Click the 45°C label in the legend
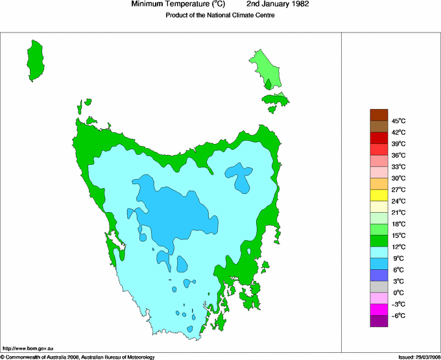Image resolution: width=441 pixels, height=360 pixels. [398, 121]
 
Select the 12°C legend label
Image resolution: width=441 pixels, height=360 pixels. [398, 246]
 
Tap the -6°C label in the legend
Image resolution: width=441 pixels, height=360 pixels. [398, 315]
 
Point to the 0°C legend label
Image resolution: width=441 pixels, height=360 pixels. [398, 293]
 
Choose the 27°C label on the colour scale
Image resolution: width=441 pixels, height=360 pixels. [398, 189]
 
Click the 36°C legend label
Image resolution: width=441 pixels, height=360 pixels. [398, 155]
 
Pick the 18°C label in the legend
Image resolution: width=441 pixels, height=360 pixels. [398, 224]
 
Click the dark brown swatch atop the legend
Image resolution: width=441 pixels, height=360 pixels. [379, 115]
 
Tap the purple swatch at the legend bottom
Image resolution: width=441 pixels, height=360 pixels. [379, 320]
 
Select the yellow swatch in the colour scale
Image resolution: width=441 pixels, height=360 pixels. [379, 195]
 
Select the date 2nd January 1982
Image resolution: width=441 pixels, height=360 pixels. [278, 4]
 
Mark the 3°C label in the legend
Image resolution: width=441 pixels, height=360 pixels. [398, 281]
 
